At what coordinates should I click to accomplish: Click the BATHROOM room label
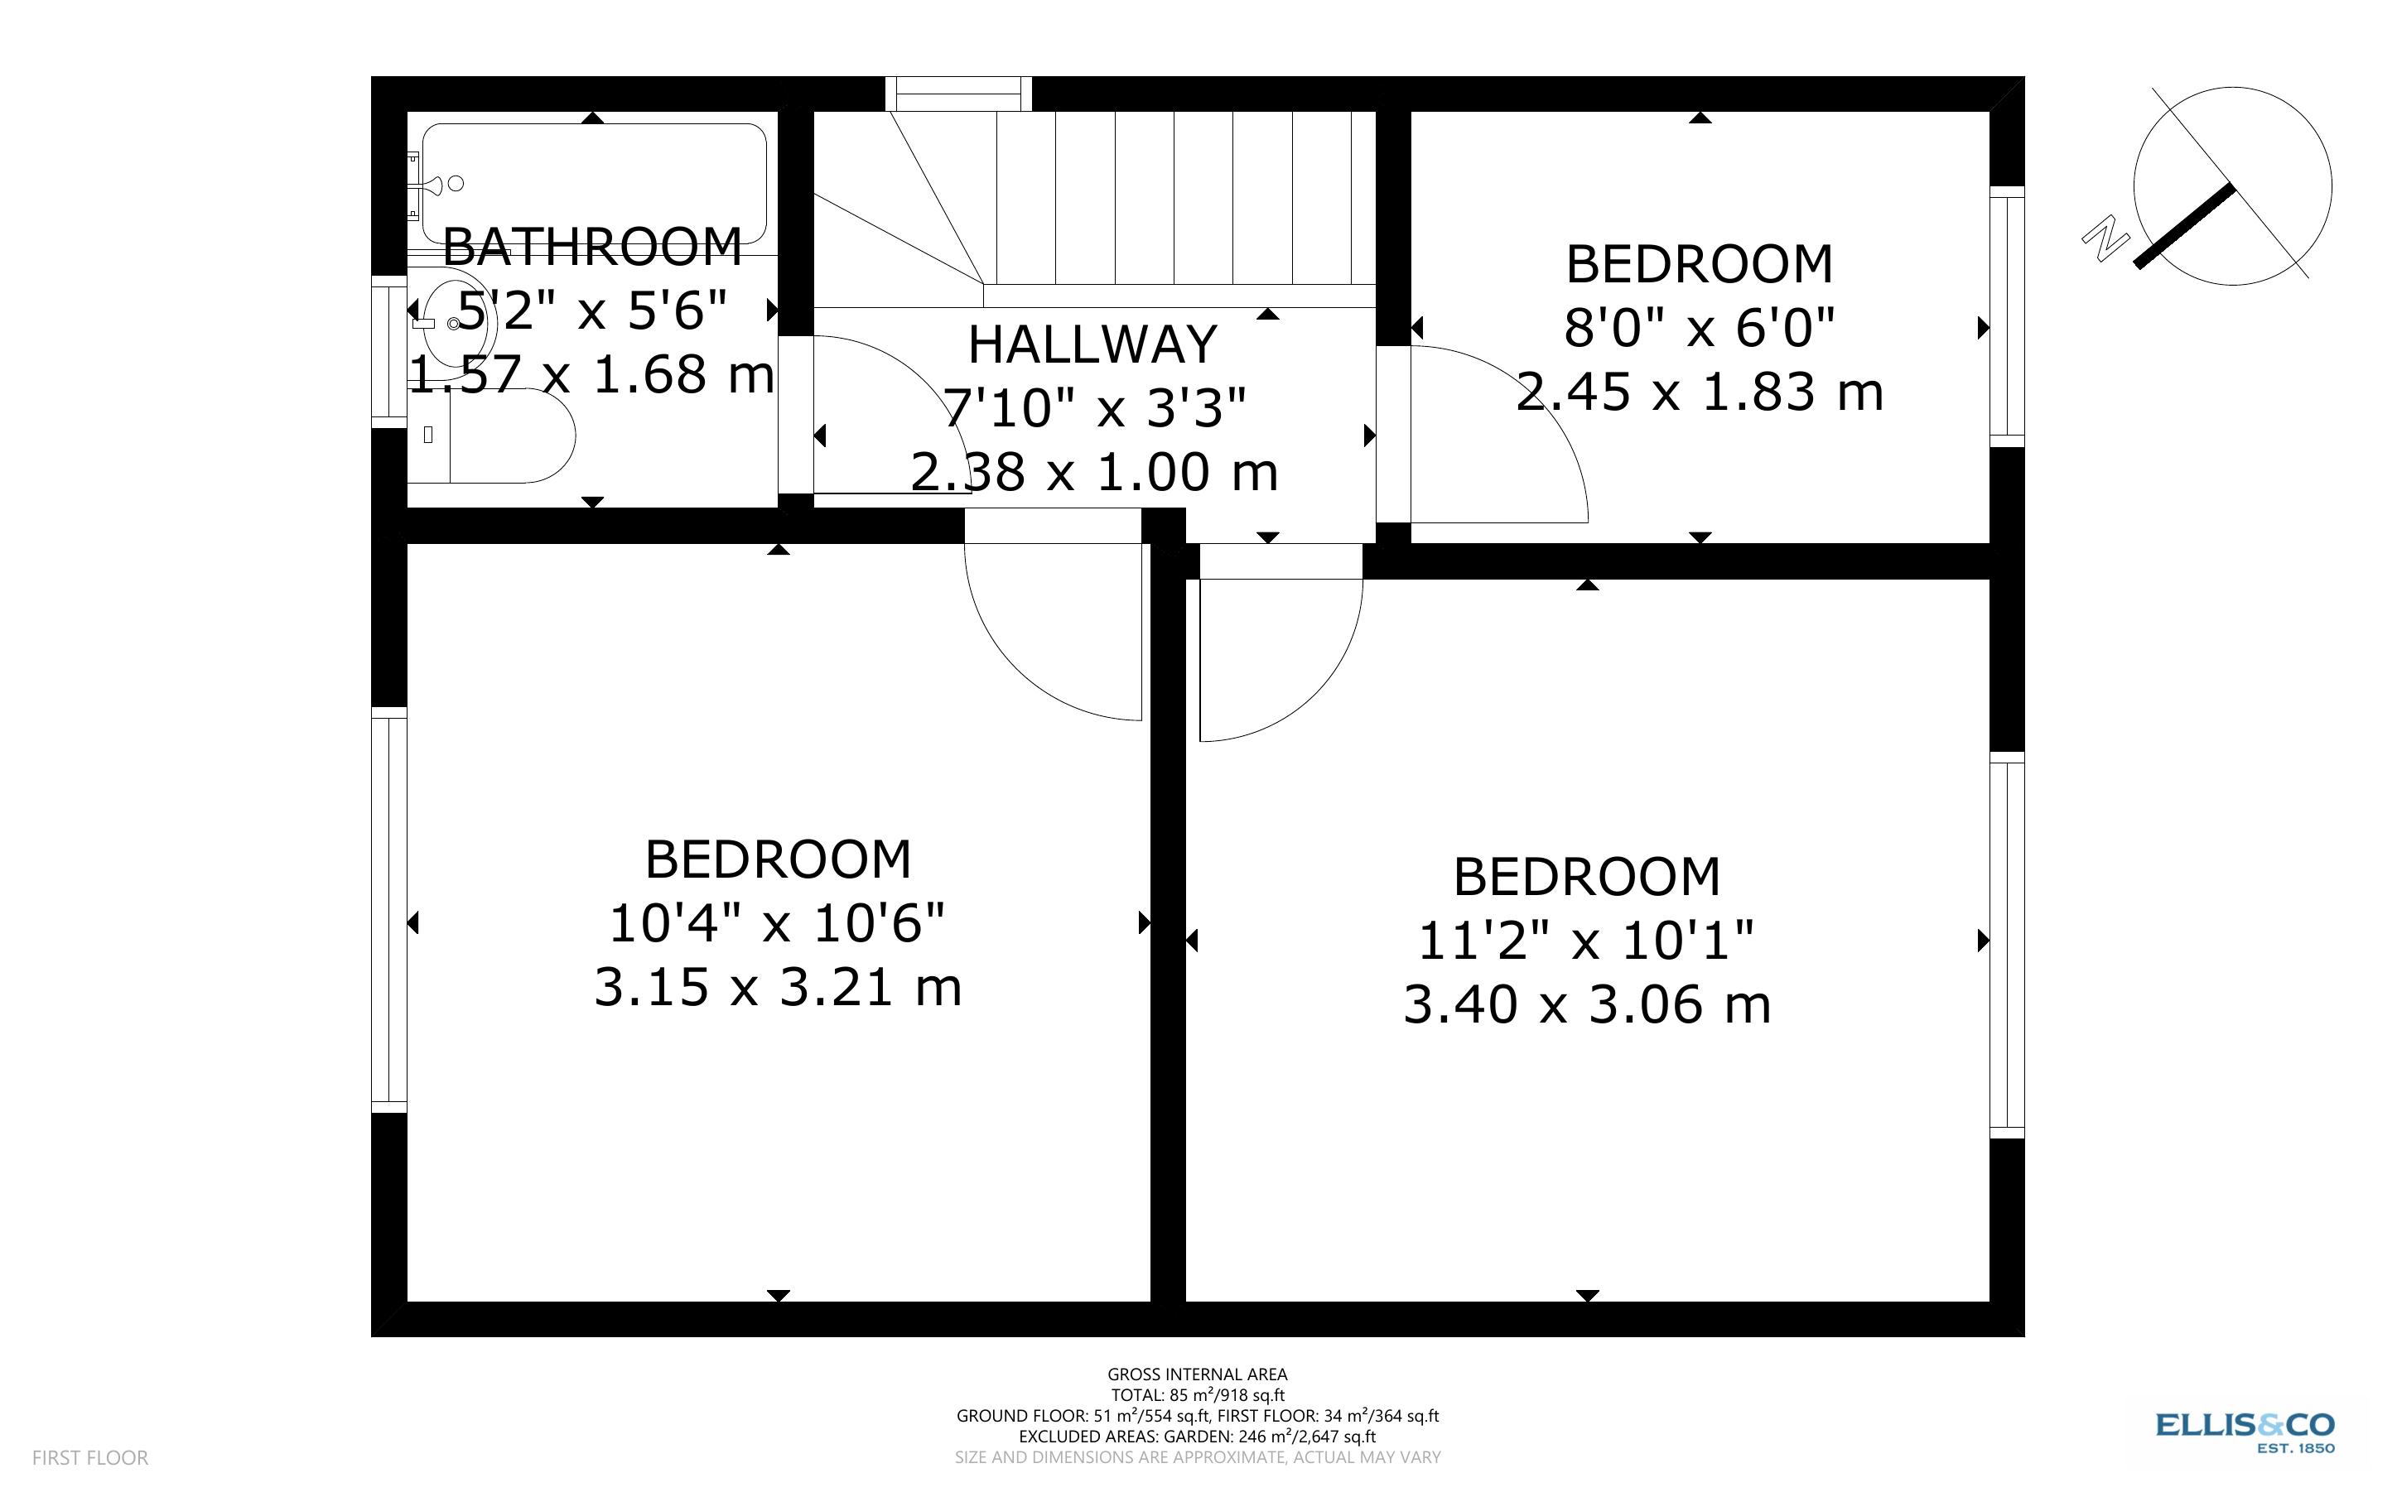tap(592, 247)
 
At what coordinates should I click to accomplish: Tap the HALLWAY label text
tap(1092, 344)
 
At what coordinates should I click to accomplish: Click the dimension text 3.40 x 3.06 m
tap(1586, 1004)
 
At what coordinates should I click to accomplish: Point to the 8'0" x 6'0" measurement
tap(1699, 327)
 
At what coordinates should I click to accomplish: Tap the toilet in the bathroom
tap(495, 436)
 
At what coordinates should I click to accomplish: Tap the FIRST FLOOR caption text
tap(90, 1457)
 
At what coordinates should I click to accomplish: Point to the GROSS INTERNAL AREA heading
tap(1197, 1374)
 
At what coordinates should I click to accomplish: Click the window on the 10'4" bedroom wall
tap(389, 911)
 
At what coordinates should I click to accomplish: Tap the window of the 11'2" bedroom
tap(2007, 946)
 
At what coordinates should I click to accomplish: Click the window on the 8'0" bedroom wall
tap(2007, 317)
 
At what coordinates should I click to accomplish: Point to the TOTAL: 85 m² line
tap(1197, 1395)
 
